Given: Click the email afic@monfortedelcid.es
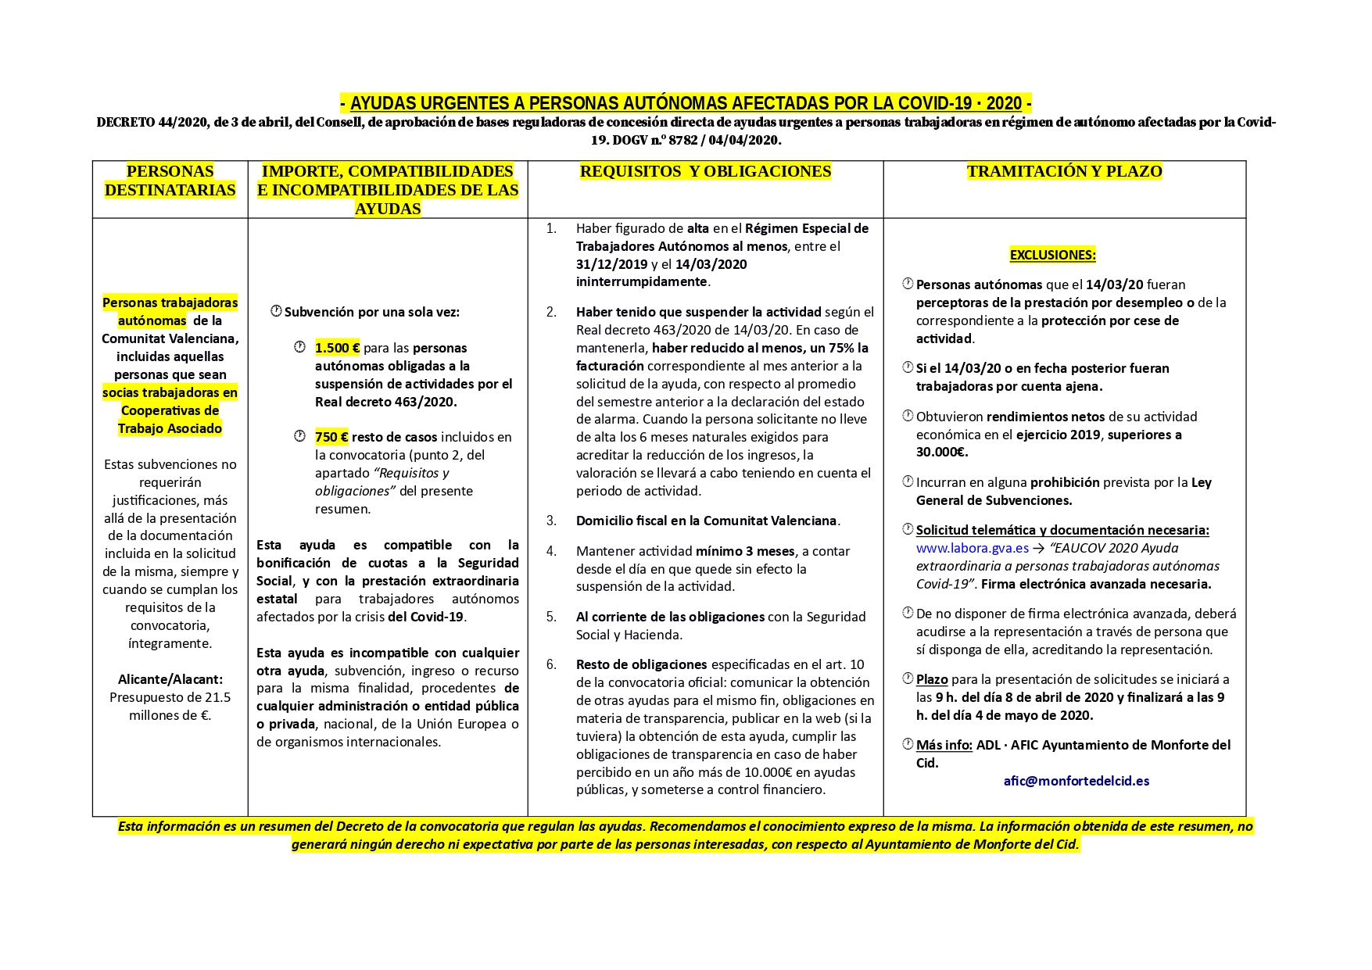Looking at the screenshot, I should click(x=1076, y=781).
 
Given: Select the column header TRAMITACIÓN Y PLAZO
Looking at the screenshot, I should click(x=1064, y=171).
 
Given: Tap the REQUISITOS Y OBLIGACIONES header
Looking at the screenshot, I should click(x=705, y=171).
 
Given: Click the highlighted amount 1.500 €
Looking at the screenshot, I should click(x=337, y=348).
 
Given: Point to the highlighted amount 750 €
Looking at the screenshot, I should click(x=331, y=437).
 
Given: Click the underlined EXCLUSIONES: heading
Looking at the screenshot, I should click(x=1052, y=255).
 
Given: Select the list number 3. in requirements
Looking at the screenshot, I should click(x=551, y=521).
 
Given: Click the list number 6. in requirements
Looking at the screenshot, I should click(x=551, y=664).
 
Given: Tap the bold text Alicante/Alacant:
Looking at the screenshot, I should click(x=170, y=679).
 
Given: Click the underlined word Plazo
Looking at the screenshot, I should click(x=932, y=679).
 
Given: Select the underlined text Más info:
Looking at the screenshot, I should click(x=944, y=745).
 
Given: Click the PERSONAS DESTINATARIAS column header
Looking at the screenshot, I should click(x=170, y=181).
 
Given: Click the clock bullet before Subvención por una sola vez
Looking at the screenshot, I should click(x=276, y=311).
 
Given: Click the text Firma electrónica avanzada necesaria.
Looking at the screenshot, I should click(x=1096, y=584).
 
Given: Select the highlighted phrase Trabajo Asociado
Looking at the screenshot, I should click(x=170, y=428).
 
